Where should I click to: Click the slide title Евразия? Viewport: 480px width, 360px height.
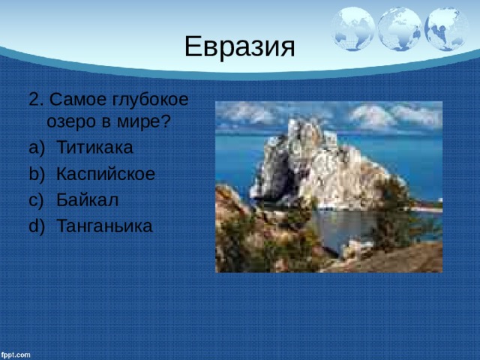point(240,46)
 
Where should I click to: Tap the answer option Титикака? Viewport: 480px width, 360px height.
point(95,147)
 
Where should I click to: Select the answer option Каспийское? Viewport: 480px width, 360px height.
point(106,174)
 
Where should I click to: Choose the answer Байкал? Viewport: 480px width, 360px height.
point(88,200)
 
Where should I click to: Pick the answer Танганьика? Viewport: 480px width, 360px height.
point(105,226)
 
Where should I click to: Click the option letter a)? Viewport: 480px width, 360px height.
point(37,148)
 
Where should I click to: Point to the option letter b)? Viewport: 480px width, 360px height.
point(37,174)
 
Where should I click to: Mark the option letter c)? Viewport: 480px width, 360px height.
point(37,200)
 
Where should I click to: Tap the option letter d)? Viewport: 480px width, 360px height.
point(37,226)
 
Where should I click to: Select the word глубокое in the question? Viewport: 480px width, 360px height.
point(150,100)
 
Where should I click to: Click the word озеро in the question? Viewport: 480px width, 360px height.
point(71,122)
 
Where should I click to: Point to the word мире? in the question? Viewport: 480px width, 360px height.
point(143,121)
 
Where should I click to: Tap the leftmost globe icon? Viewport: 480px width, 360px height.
point(353,28)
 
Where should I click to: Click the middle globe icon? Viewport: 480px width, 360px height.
point(400,28)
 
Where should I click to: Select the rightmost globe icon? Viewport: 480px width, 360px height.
point(446,28)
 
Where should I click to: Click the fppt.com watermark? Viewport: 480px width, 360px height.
point(16,355)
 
